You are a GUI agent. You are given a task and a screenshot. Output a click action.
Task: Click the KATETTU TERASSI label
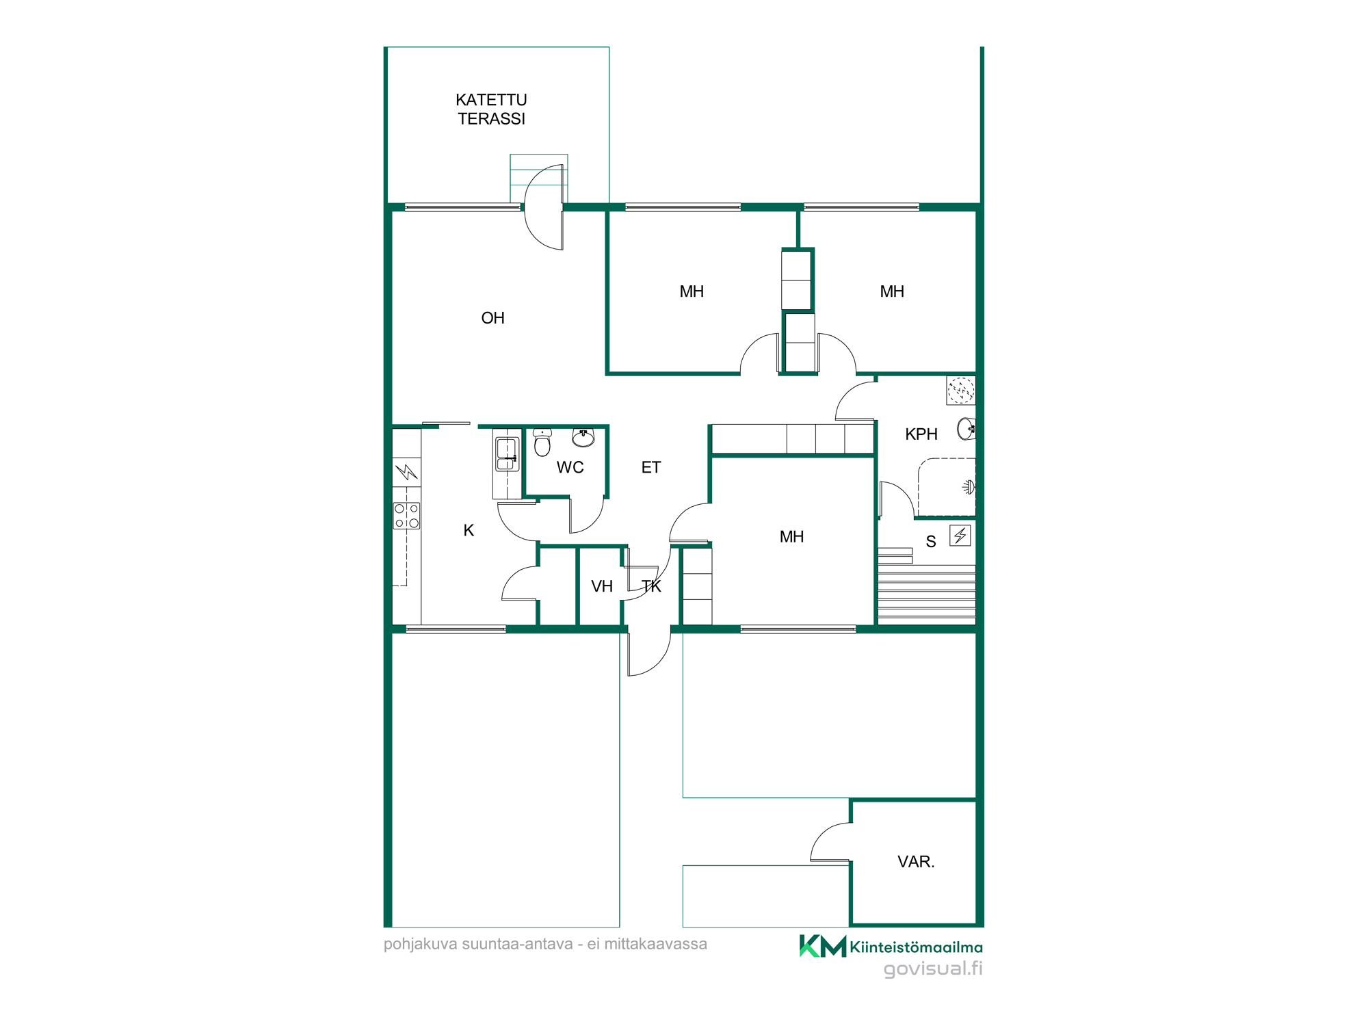[491, 109]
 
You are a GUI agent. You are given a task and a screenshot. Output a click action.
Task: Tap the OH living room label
[492, 318]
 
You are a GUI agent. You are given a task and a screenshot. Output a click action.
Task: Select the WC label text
[570, 467]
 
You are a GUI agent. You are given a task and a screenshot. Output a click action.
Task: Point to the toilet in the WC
[542, 443]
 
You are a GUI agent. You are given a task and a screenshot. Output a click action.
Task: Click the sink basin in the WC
[583, 437]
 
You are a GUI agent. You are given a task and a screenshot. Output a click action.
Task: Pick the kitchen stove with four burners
[406, 516]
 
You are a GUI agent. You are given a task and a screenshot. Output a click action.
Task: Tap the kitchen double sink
[506, 453]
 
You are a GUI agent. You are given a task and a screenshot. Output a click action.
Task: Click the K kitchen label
[469, 530]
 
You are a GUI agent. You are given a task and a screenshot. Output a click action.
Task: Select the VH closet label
[602, 586]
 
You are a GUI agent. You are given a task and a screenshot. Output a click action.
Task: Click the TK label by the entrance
[651, 586]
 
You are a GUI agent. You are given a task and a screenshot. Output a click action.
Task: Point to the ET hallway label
[650, 467]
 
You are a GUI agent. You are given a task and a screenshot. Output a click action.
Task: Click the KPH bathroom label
[921, 434]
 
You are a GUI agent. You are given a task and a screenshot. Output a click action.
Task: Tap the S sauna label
[930, 542]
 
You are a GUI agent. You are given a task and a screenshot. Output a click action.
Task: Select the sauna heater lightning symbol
[960, 535]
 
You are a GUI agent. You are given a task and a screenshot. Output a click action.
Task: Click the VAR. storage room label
[915, 862]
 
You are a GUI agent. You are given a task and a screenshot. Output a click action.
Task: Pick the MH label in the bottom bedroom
[791, 537]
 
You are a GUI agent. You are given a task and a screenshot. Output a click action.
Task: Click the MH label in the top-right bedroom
[892, 291]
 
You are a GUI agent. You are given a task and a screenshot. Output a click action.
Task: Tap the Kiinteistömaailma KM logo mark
[823, 946]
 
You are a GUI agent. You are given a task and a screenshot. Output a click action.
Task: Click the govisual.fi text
[933, 969]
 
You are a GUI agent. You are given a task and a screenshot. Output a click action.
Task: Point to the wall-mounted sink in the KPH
[966, 429]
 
